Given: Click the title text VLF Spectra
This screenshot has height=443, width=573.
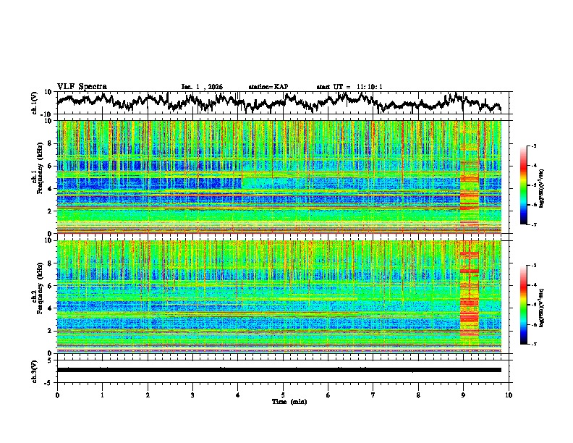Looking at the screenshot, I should (82, 86).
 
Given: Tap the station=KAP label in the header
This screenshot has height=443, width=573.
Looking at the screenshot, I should (268, 87).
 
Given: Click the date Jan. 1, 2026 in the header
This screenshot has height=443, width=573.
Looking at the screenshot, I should (202, 87).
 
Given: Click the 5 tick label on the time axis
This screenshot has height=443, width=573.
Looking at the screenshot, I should (283, 395).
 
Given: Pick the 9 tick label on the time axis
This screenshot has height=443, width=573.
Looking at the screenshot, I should (464, 395).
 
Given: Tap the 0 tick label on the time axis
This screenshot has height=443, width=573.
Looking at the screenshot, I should (57, 395).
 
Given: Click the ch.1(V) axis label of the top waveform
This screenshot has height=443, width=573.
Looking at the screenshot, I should (34, 103).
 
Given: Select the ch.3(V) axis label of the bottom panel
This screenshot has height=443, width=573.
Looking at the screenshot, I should (34, 369).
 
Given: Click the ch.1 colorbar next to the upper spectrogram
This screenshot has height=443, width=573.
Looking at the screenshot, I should (530, 185).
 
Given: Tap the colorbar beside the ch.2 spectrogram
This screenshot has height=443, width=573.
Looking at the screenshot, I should (530, 305).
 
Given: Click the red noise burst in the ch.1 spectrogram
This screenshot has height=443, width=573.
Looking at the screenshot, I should (470, 192).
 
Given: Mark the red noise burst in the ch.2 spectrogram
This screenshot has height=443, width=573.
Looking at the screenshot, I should (470, 304).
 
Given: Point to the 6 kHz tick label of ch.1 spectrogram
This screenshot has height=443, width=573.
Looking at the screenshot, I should (51, 166).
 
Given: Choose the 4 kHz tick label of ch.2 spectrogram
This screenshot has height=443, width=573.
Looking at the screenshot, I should (51, 308).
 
